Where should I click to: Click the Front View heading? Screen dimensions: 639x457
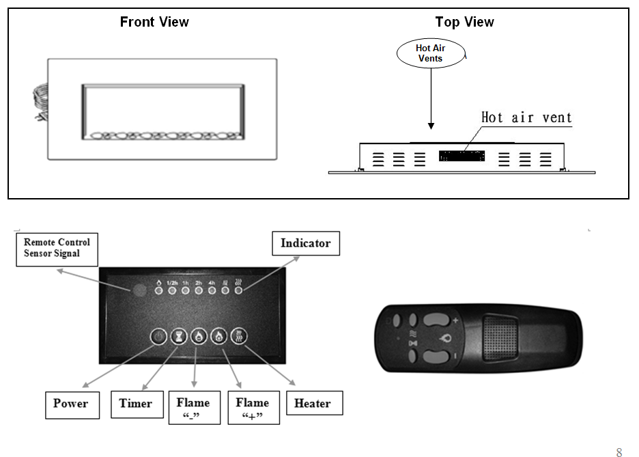(154, 22)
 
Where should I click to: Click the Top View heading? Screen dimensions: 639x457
(465, 22)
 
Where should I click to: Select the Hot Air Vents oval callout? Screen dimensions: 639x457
(431, 53)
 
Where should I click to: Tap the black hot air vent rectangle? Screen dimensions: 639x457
(461, 156)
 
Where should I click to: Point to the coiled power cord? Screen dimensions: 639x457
(40, 102)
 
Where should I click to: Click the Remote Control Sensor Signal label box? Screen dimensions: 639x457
(57, 249)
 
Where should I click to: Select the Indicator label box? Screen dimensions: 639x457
(306, 243)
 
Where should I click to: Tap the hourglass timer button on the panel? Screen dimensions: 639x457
(178, 337)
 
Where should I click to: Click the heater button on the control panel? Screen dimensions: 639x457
(239, 337)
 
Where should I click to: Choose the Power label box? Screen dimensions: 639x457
(72, 405)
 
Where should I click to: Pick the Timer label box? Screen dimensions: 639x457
(137, 404)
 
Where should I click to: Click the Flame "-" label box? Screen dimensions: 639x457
(195, 408)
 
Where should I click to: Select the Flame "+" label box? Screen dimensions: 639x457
(253, 408)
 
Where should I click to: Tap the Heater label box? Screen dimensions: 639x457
(314, 403)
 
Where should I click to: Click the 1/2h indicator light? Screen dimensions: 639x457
(172, 291)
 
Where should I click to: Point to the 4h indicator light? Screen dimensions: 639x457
(212, 291)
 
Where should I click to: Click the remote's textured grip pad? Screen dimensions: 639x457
(500, 338)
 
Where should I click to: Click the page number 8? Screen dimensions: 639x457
(619, 452)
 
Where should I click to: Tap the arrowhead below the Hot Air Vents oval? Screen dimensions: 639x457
(431, 126)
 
